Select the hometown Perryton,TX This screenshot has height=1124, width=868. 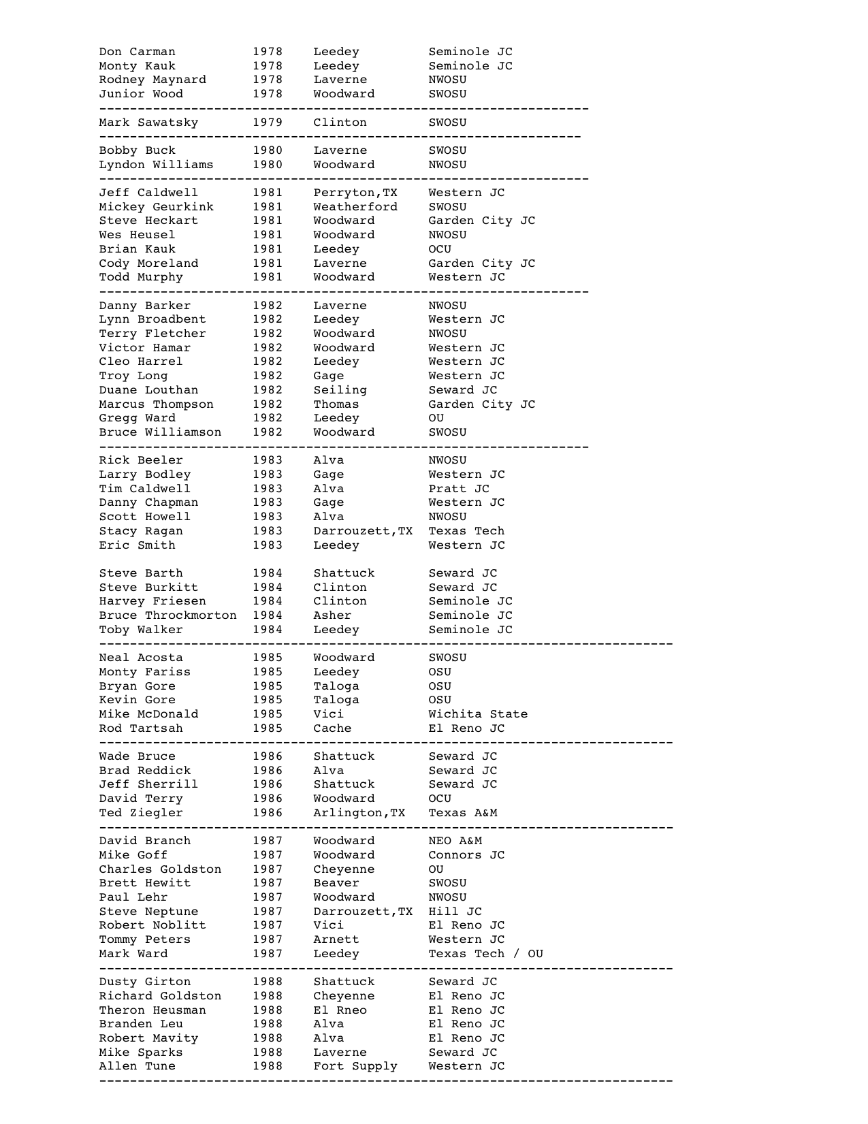click(355, 193)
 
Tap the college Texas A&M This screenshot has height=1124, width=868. click(462, 813)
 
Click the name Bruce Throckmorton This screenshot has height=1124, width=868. click(167, 615)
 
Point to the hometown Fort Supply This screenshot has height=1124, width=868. click(355, 1066)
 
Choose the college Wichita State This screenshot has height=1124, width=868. click(477, 714)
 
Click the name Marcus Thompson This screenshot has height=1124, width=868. click(156, 404)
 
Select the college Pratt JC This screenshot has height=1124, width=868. click(458, 489)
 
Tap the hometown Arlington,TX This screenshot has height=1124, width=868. click(359, 813)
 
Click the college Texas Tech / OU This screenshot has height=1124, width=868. click(485, 954)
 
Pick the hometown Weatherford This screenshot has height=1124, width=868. click(355, 207)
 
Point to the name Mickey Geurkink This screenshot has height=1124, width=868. click(156, 207)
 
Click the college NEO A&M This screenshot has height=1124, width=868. click(455, 841)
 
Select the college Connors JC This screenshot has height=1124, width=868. click(466, 855)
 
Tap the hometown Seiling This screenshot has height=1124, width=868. click(340, 390)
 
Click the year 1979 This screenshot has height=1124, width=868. click(268, 123)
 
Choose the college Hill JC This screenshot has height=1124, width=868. click(455, 912)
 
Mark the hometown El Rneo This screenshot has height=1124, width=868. click(340, 1010)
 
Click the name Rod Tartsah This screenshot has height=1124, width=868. click(141, 728)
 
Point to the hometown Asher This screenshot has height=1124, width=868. click(332, 615)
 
